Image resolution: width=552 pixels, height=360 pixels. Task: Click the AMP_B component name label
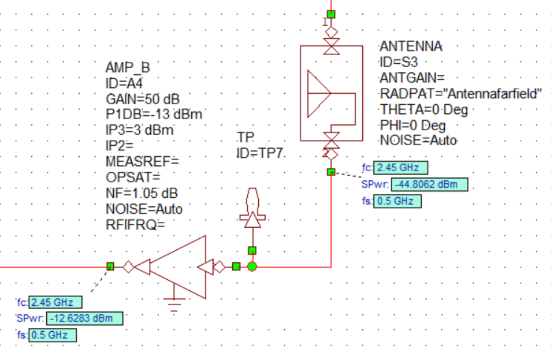tap(128, 68)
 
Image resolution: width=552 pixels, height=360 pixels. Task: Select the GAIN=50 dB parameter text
tap(142, 99)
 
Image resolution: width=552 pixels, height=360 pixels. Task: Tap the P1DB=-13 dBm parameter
tap(154, 114)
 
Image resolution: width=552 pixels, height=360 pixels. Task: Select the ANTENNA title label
tap(411, 46)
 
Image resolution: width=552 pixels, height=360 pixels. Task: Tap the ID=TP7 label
tap(260, 154)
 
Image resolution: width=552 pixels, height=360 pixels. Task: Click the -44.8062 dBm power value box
tap(429, 185)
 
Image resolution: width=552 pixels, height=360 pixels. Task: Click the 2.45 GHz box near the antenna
tap(401, 168)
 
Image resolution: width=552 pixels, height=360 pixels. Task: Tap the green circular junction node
tap(252, 266)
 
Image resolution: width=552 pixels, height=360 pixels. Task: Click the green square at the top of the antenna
tap(331, 14)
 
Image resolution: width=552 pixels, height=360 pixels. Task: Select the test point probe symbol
tap(252, 210)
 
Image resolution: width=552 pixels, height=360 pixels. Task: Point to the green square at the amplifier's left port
tap(110, 266)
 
